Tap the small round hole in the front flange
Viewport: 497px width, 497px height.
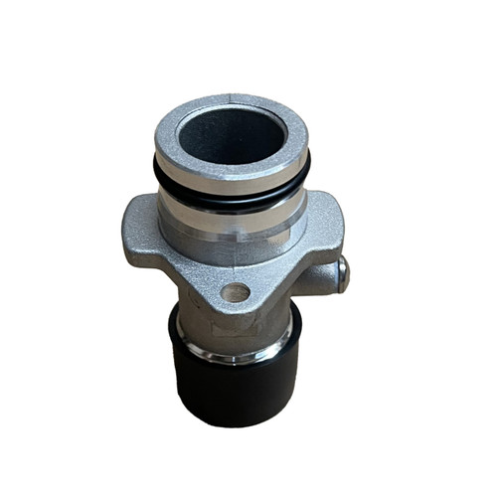[236, 292]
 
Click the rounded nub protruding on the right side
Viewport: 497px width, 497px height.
[340, 268]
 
